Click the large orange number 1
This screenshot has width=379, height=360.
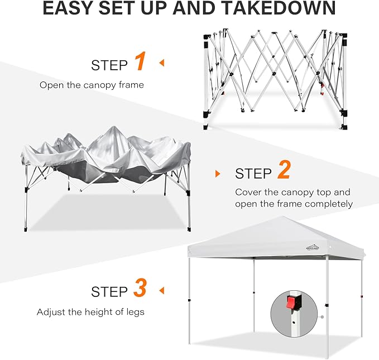(141, 61)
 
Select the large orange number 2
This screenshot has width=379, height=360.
(284, 170)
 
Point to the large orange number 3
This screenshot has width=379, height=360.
(140, 287)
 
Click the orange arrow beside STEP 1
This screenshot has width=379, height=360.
(161, 63)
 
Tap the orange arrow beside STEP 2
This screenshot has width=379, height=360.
(218, 174)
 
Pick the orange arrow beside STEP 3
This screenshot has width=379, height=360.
(161, 290)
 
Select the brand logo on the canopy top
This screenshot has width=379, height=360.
(313, 247)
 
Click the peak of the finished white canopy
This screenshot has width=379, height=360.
(282, 217)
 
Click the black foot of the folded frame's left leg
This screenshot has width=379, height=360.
(206, 127)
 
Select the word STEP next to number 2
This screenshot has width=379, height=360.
(253, 174)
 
